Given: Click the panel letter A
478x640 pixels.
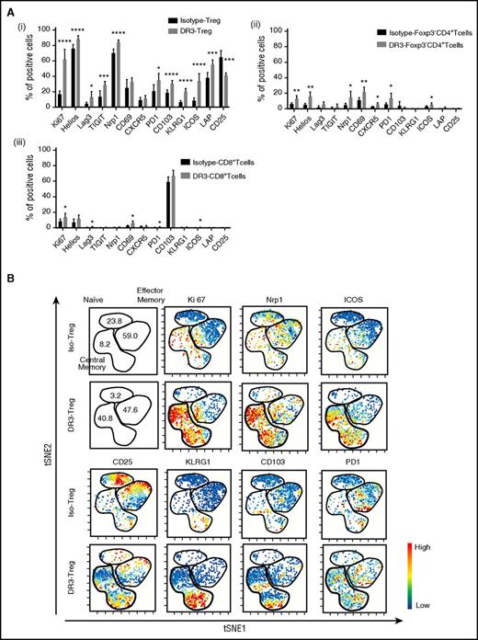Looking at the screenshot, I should [7, 6].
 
